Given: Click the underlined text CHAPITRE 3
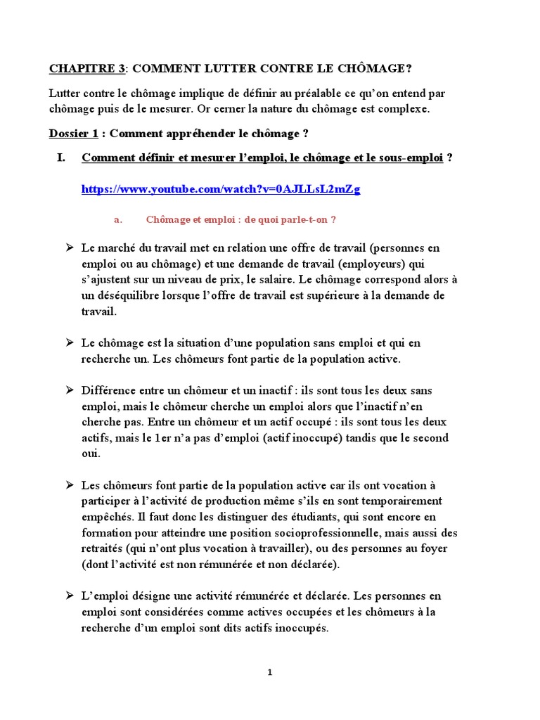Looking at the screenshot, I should coord(86,68).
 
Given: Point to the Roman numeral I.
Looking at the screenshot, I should coord(61,158).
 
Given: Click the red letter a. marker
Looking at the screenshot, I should coord(118,220).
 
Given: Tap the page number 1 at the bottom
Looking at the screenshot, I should coord(270,672).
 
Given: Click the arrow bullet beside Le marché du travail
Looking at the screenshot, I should coord(70,248).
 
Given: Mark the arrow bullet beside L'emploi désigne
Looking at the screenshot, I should coord(70,596).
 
